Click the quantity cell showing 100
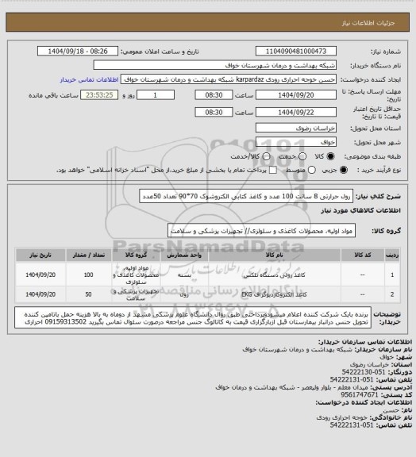pos(87,275)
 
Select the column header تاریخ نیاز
pos(37,255)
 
